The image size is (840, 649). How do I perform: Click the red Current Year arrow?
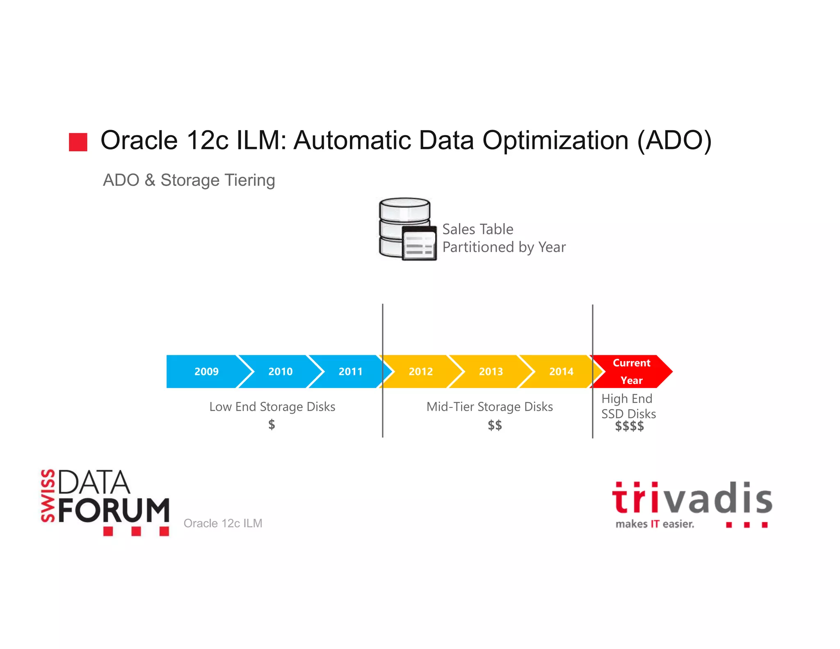pos(632,371)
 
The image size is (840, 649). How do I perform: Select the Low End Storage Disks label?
pos(272,407)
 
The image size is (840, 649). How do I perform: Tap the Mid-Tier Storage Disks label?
pos(490,407)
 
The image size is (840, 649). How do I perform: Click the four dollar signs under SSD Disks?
pos(629,427)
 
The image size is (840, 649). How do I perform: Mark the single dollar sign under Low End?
pos(272,425)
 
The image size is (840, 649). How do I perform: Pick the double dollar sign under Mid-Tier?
pos(495,425)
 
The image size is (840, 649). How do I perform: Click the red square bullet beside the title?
pos(78,142)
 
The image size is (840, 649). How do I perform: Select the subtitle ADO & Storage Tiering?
pos(189,180)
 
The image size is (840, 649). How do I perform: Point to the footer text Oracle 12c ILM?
pos(223,523)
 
